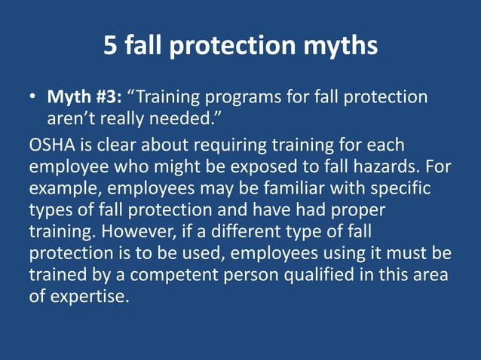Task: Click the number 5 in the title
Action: tap(111, 47)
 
